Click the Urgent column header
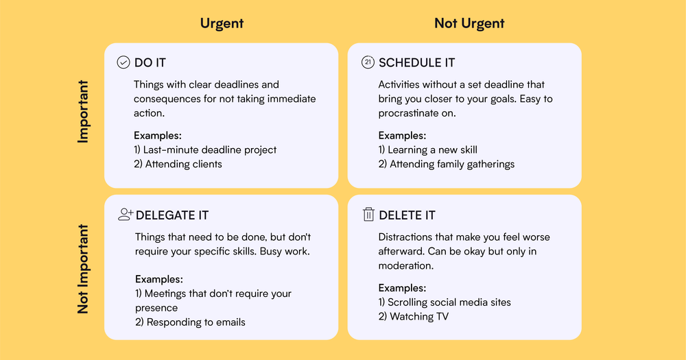point(222,23)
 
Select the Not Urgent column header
point(469,23)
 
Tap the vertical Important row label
point(83,112)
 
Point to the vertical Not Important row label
point(83,269)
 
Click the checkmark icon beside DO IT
point(123,62)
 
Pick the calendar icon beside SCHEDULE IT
point(368,62)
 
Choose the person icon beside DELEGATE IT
point(126,215)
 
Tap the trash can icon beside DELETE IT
point(368,215)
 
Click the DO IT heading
point(150,62)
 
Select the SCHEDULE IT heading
point(416,62)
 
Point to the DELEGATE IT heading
point(172,215)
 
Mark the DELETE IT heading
point(407,215)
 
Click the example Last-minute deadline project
point(205,149)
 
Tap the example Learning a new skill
point(427,149)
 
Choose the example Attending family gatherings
point(446,164)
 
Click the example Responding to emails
point(190,322)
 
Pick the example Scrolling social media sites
point(445,302)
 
